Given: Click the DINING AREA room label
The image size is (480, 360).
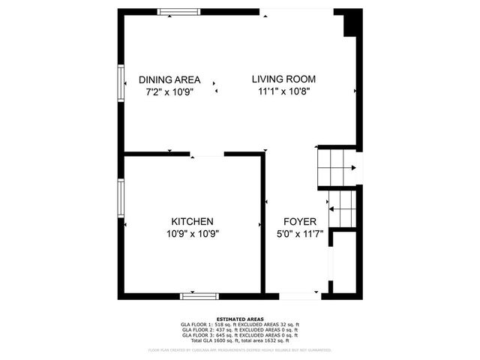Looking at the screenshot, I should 170,79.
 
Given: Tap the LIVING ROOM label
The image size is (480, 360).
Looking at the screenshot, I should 283,79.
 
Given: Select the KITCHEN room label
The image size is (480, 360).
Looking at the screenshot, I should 193,221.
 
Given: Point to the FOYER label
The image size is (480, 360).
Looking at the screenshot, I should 299,222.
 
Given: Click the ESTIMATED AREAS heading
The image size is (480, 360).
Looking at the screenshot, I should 239,319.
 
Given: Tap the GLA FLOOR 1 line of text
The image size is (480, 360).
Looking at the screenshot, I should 239,325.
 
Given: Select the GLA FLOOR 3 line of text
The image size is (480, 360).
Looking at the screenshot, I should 239,335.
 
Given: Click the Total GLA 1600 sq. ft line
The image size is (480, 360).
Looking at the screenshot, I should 239,340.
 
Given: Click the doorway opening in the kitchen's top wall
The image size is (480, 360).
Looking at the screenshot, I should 208,155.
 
